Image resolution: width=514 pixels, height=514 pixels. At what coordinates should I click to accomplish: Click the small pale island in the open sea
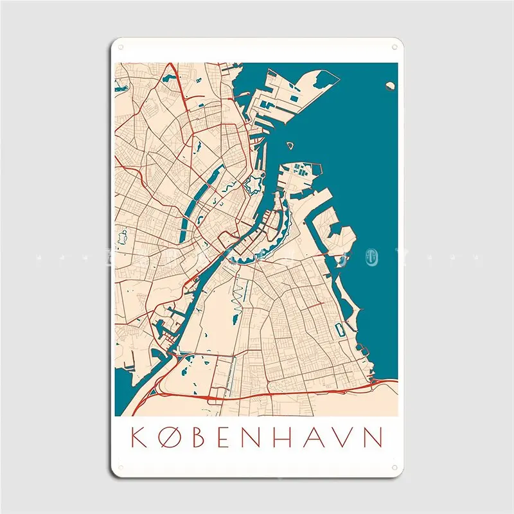coord(390,85)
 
